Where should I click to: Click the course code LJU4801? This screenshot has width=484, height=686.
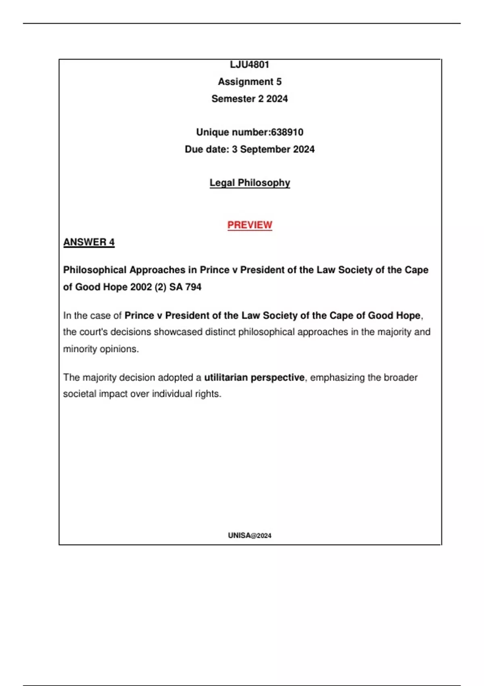click(x=249, y=65)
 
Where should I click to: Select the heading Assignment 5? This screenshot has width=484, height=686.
click(x=250, y=82)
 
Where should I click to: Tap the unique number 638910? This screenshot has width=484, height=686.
click(x=287, y=132)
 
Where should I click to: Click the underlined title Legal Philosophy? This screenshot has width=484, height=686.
click(x=250, y=183)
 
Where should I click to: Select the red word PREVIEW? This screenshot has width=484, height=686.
click(x=250, y=225)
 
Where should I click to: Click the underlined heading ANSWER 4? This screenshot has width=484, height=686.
click(x=89, y=242)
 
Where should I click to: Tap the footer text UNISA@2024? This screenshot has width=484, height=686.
click(x=250, y=535)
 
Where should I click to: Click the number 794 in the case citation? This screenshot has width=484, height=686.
click(x=193, y=287)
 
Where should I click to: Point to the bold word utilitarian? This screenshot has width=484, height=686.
click(x=226, y=377)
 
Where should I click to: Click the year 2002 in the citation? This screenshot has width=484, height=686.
click(x=141, y=287)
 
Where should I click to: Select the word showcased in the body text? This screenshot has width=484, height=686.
click(x=178, y=332)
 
